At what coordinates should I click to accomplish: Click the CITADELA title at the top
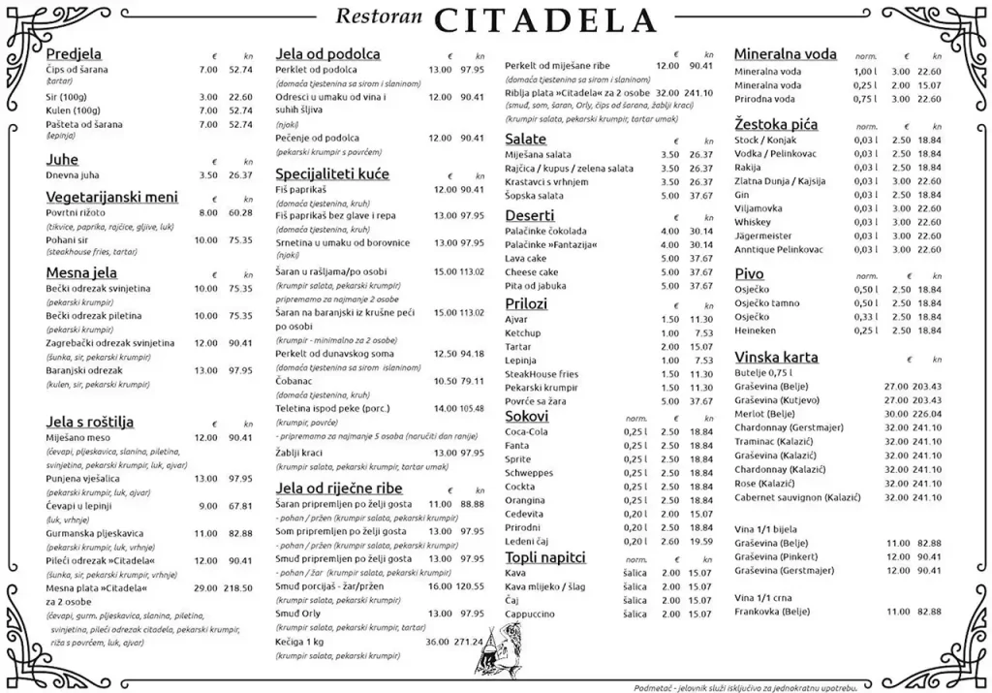tap(546, 19)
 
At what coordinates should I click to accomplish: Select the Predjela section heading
tap(74, 54)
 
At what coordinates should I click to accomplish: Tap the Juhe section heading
tap(62, 159)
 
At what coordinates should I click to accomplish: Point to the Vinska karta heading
tap(776, 357)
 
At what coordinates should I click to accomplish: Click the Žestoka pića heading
tap(776, 124)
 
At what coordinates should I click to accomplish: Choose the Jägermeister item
tap(763, 236)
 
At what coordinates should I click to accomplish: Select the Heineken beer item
tap(756, 331)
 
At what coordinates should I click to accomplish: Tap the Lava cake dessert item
tap(526, 259)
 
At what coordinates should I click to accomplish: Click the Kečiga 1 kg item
tap(299, 641)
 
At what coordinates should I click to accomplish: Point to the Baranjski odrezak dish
tap(84, 370)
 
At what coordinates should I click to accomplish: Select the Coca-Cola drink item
tap(527, 431)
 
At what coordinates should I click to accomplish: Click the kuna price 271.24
tap(469, 641)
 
